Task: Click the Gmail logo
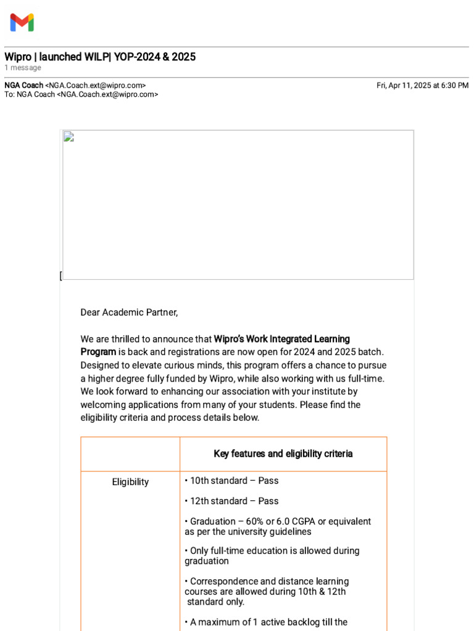coord(22,23)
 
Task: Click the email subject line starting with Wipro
coord(100,57)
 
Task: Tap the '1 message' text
coord(23,68)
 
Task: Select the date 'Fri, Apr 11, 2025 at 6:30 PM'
coord(422,86)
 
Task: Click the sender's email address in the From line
coord(96,86)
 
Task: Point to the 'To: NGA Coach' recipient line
coord(81,94)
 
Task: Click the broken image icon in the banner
coord(69,137)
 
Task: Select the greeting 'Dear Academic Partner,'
coord(129,312)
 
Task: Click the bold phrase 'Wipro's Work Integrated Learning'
coord(281,339)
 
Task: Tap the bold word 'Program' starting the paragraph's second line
coord(98,352)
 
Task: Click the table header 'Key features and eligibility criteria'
coord(283,454)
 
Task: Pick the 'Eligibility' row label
coord(130,482)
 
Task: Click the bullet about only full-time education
coord(272,556)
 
